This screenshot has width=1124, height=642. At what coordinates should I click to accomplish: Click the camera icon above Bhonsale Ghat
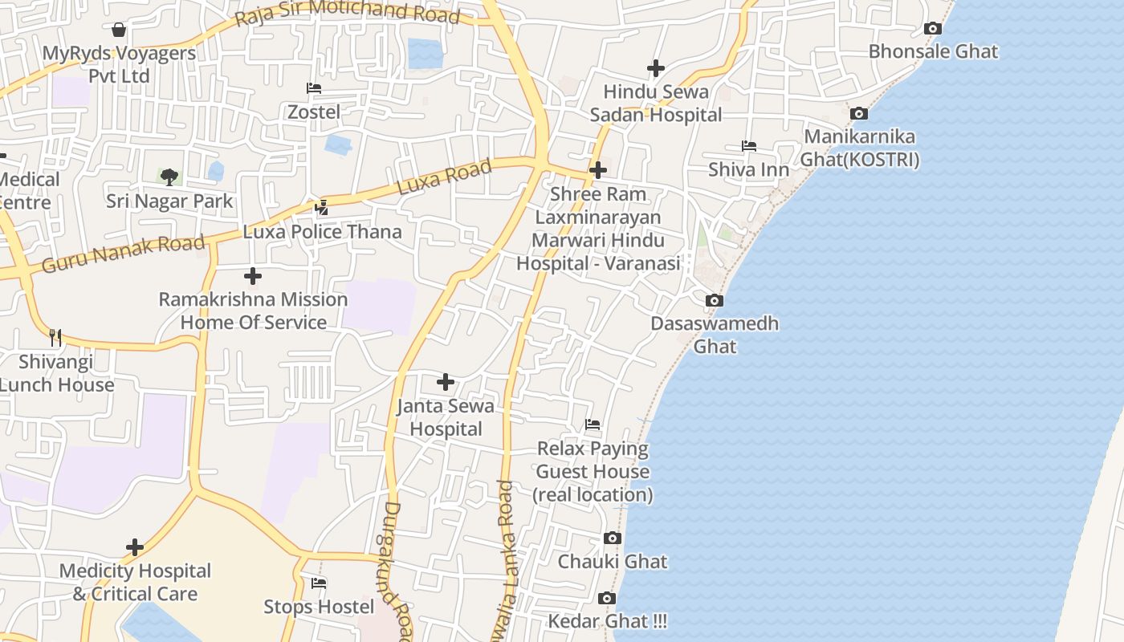932,29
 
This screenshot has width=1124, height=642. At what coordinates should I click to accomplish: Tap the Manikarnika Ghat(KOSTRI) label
861,148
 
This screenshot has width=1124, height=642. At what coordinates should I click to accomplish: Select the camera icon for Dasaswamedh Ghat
714,301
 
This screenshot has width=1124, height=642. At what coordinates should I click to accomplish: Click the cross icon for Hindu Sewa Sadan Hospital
656,68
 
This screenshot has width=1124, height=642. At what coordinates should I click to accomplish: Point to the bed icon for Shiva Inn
748,146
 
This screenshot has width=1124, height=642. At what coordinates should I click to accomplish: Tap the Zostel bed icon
314,88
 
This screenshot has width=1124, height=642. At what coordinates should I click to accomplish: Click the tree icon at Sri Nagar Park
169,177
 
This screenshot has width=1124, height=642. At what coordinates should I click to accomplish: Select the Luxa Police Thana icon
322,208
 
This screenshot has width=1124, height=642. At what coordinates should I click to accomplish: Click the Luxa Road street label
444,177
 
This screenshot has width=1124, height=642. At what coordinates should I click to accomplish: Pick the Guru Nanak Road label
123,253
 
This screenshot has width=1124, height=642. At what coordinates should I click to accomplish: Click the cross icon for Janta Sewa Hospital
446,382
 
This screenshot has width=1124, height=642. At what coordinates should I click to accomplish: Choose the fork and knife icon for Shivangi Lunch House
55,337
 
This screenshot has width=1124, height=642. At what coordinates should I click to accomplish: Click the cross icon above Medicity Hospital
135,547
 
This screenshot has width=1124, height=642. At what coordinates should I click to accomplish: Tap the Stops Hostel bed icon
319,583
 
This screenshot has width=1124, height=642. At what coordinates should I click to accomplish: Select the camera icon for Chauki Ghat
613,538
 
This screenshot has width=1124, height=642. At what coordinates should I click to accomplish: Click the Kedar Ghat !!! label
607,621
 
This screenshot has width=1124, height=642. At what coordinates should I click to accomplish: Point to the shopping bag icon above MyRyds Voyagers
119,30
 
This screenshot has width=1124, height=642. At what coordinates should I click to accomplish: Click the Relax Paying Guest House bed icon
593,424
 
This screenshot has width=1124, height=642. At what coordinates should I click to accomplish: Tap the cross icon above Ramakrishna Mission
253,276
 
